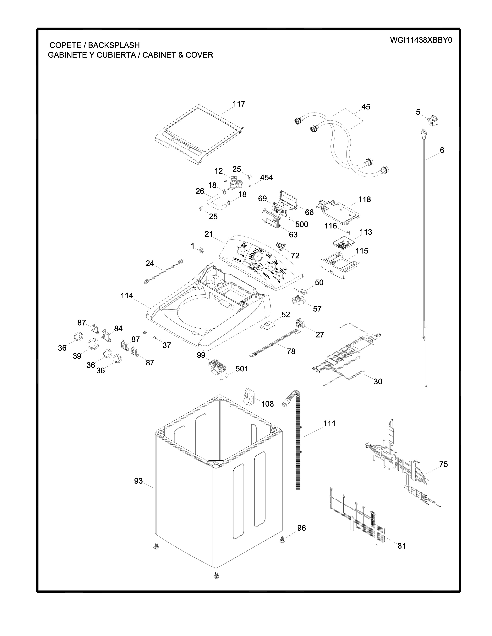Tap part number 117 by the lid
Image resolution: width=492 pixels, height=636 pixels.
(x=239, y=104)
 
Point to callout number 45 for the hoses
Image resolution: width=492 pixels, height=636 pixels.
(x=365, y=107)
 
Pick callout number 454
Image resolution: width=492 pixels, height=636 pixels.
(x=266, y=178)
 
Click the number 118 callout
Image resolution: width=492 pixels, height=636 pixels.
(x=364, y=199)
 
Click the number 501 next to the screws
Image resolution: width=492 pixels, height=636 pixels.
(x=242, y=369)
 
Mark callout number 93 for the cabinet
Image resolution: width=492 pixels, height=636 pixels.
(x=139, y=481)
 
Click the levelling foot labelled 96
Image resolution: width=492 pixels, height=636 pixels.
(x=282, y=540)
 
